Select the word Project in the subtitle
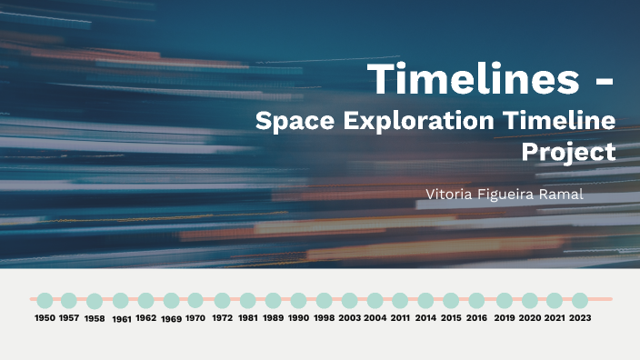pyautogui.click(x=568, y=151)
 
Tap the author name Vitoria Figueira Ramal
pyautogui.click(x=504, y=195)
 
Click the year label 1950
pyautogui.click(x=45, y=318)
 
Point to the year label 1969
pyautogui.click(x=171, y=319)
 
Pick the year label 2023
pyautogui.click(x=580, y=318)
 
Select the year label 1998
pyautogui.click(x=324, y=318)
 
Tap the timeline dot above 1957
pyautogui.click(x=69, y=300)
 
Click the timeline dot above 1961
pyautogui.click(x=121, y=300)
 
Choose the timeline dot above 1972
pyautogui.click(x=222, y=300)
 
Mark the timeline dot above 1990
pyautogui.click(x=298, y=300)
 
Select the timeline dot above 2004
pyautogui.click(x=375, y=300)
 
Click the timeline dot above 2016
pyautogui.click(x=476, y=300)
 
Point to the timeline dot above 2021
pyautogui.click(x=555, y=300)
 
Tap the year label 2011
pyautogui.click(x=400, y=318)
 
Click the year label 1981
pyautogui.click(x=247, y=318)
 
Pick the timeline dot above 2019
pyautogui.click(x=505, y=300)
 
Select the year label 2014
pyautogui.click(x=425, y=318)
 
